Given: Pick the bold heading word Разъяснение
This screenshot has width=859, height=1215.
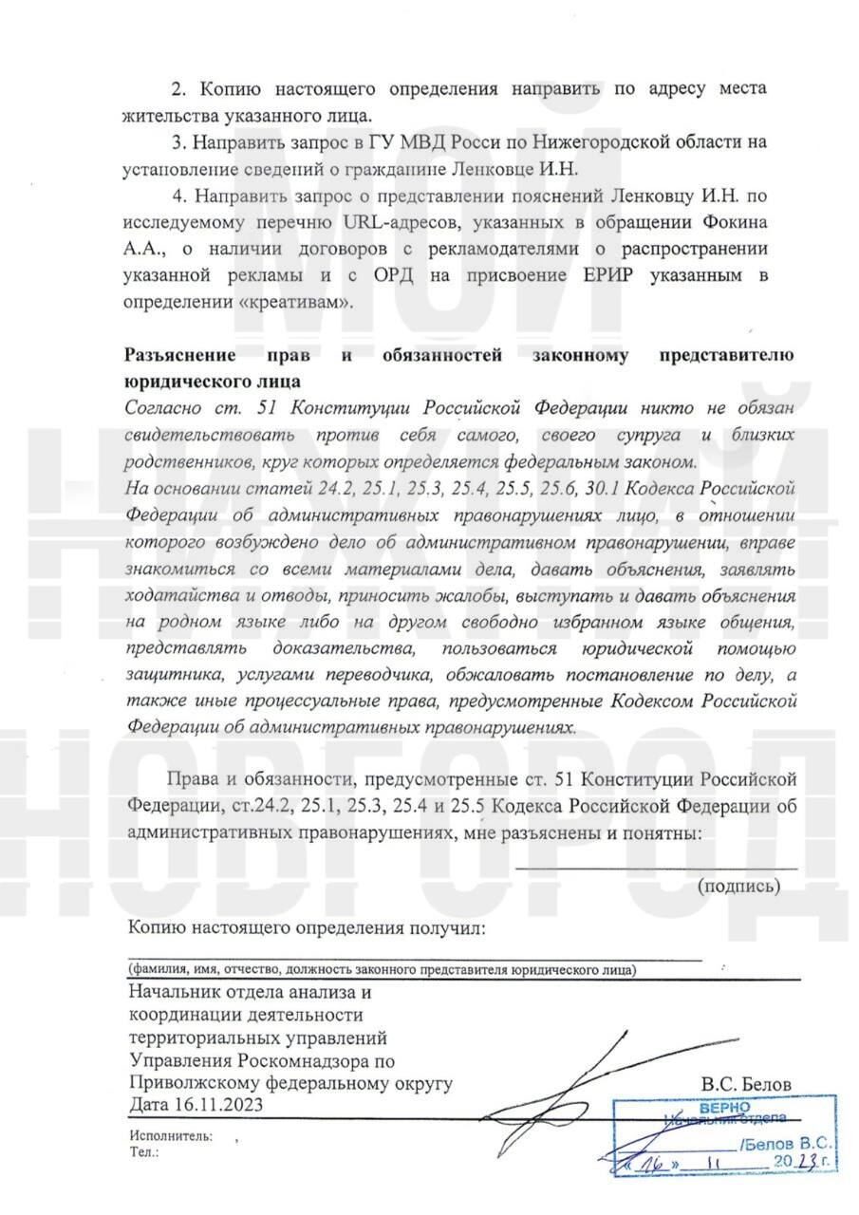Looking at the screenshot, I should point(180,356).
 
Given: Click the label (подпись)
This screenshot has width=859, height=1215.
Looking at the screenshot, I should point(739,886).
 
